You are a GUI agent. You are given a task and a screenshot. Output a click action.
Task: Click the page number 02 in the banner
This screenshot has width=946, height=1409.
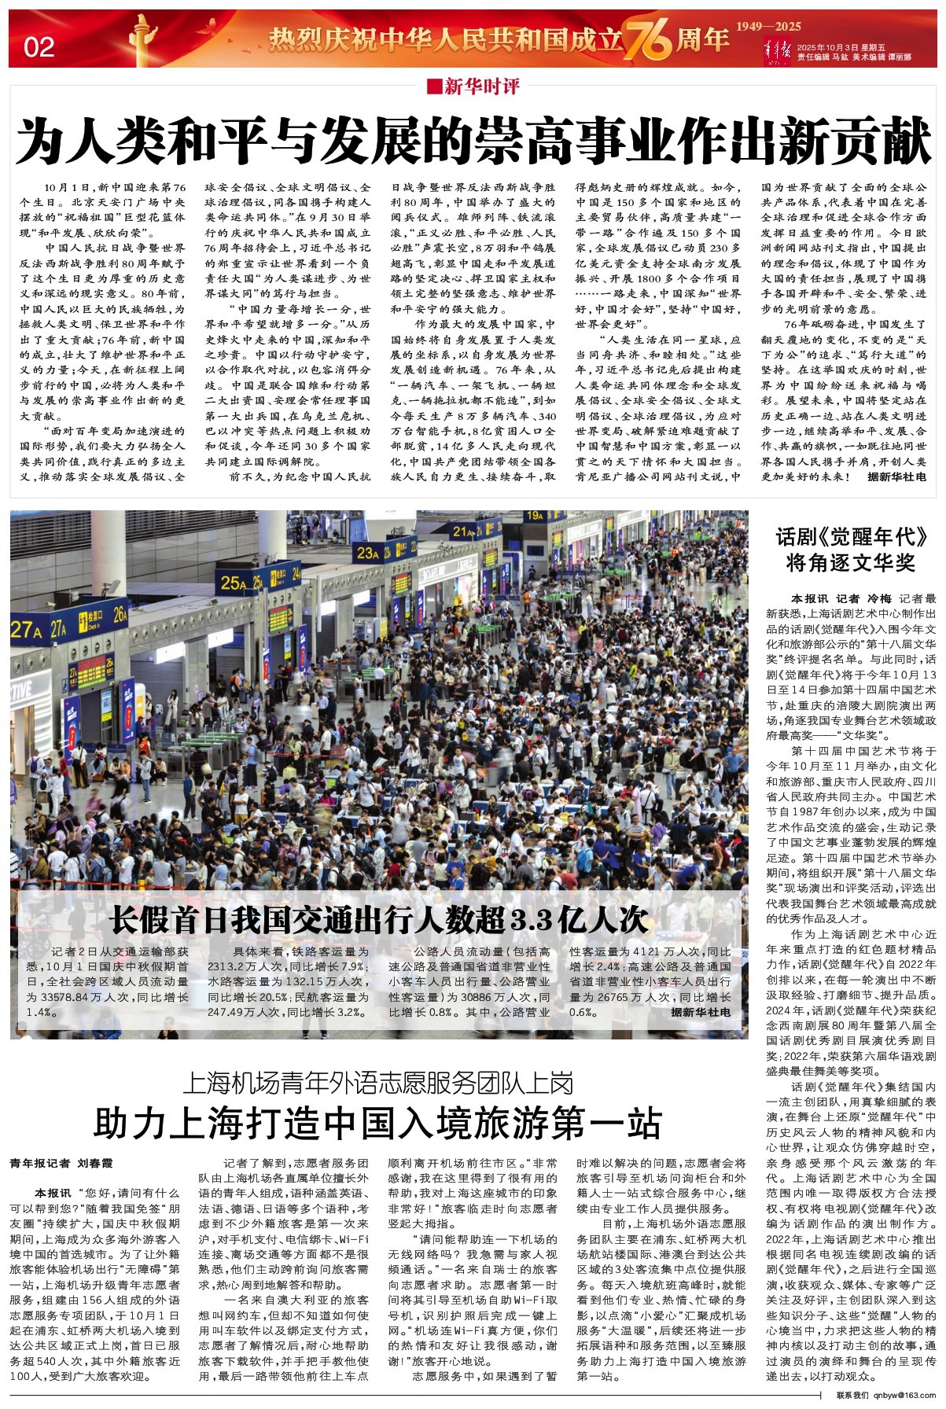coord(39,48)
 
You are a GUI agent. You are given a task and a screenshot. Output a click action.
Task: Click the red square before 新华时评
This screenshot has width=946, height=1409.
coord(433,86)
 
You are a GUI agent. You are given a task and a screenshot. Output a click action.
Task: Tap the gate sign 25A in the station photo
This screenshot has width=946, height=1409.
coord(234,583)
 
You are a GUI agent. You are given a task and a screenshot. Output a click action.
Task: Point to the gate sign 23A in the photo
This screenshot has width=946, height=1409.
coord(368,553)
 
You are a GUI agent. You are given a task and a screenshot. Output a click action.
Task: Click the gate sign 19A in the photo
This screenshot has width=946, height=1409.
coord(535,517)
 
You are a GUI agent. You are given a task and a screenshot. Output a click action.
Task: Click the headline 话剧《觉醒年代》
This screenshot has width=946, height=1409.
coord(852,537)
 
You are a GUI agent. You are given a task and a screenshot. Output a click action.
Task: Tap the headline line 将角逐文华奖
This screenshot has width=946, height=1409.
coord(852,563)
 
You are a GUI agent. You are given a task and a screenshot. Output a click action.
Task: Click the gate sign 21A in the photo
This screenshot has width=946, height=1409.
coord(464,532)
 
